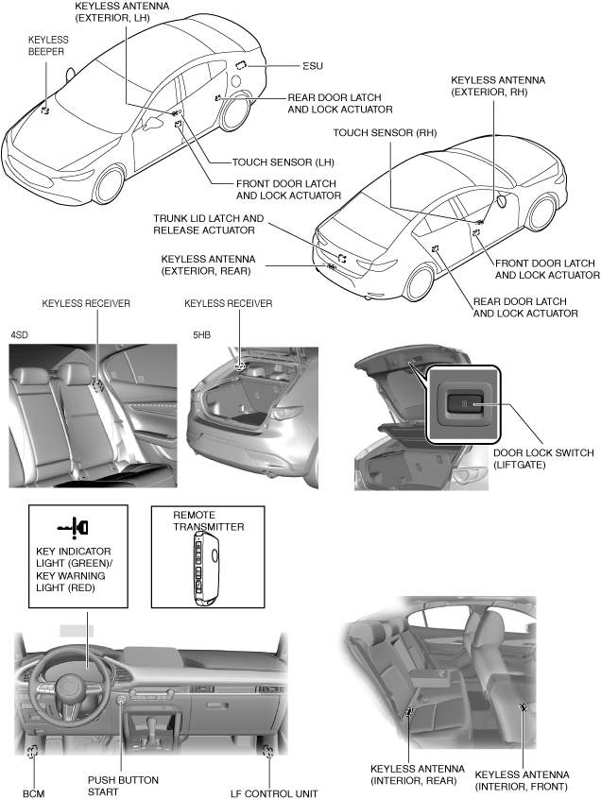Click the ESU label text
click(x=312, y=67)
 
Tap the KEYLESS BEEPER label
click(x=46, y=45)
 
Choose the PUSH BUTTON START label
click(x=123, y=786)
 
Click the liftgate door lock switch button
click(x=464, y=403)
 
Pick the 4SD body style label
click(x=19, y=334)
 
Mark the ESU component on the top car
click(x=241, y=64)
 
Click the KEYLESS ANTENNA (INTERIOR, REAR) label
click(x=414, y=774)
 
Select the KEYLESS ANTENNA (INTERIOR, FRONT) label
click(x=521, y=779)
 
